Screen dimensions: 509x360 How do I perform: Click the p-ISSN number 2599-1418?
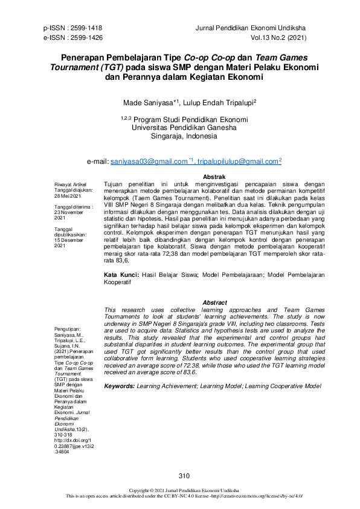click(x=87, y=28)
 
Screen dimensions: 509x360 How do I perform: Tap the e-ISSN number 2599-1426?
click(x=88, y=37)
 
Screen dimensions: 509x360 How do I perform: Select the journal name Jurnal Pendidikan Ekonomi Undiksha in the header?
click(x=256, y=28)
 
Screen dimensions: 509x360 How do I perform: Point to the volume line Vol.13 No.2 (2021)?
click(x=281, y=37)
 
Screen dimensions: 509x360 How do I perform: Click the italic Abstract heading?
click(x=214, y=302)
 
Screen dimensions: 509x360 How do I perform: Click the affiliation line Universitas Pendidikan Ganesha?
click(x=184, y=128)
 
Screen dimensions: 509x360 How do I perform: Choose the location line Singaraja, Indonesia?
click(x=184, y=137)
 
